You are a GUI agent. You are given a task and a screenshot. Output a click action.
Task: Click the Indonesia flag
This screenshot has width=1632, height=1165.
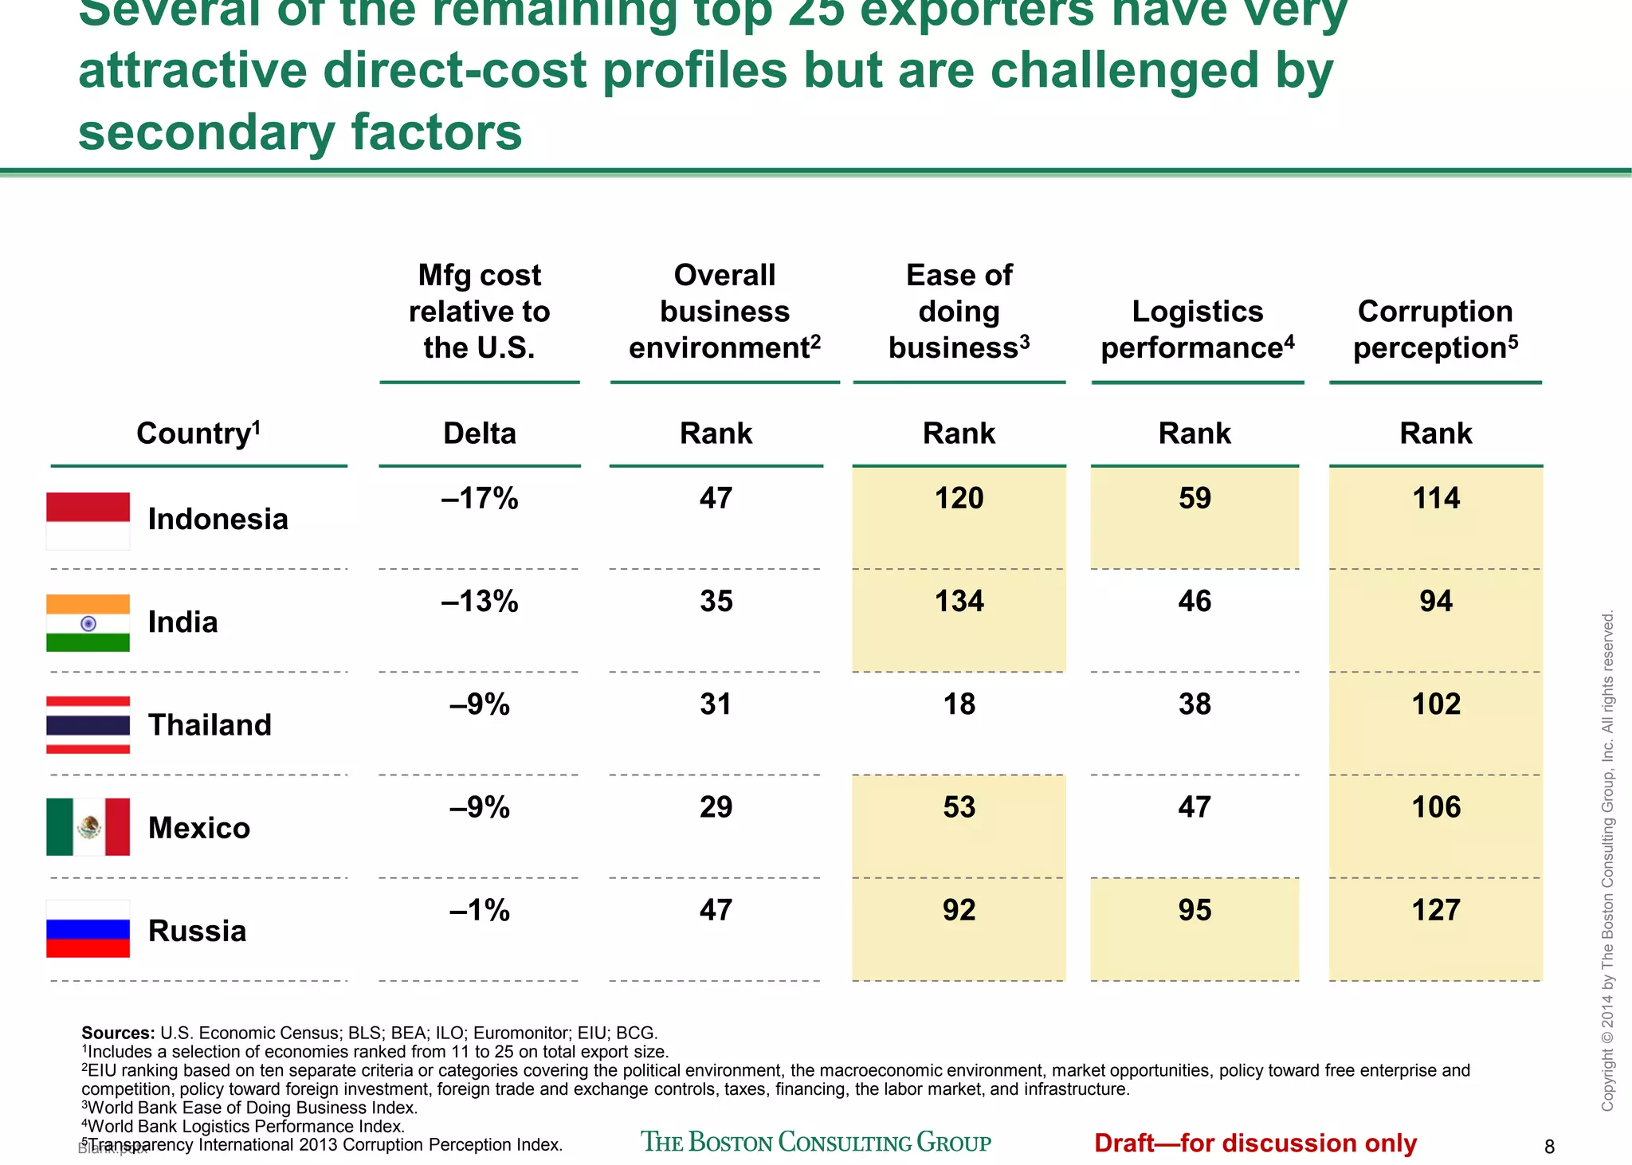pyautogui.click(x=88, y=521)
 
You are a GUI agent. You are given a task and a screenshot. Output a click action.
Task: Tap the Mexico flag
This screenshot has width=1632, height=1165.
pyautogui.click(x=88, y=827)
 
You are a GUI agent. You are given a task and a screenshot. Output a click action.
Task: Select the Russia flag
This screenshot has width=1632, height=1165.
pyautogui.click(x=88, y=929)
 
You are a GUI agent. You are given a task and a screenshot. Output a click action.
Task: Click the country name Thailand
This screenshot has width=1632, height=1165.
pyautogui.click(x=210, y=724)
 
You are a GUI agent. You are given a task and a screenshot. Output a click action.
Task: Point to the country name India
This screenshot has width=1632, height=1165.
pyautogui.click(x=182, y=622)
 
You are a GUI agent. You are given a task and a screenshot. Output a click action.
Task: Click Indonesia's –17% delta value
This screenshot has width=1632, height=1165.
pyautogui.click(x=480, y=498)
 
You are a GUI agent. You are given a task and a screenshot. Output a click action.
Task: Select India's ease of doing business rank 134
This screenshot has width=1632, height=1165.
pyautogui.click(x=959, y=601)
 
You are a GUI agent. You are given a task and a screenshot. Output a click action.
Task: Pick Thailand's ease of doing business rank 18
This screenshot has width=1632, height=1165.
pyautogui.click(x=959, y=704)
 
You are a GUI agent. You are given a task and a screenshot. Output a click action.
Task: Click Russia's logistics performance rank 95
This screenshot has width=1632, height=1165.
pyautogui.click(x=1195, y=910)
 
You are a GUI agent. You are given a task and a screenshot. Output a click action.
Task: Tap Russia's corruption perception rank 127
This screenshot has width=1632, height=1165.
pyautogui.click(x=1436, y=910)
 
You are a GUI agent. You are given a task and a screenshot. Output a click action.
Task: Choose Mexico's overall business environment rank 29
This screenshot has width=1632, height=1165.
pyautogui.click(x=716, y=807)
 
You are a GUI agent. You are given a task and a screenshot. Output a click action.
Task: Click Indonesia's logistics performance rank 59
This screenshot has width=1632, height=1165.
pyautogui.click(x=1195, y=498)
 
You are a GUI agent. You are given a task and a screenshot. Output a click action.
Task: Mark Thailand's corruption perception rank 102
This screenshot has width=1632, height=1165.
pyautogui.click(x=1436, y=704)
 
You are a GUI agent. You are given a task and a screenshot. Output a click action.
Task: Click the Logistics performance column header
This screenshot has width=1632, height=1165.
pyautogui.click(x=1197, y=329)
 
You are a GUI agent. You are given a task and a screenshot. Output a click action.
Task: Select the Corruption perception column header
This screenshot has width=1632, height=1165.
pyautogui.click(x=1435, y=329)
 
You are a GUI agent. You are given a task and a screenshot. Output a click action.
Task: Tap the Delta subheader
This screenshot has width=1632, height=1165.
pyautogui.click(x=480, y=433)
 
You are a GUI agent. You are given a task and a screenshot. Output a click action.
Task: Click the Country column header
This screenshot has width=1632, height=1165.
pyautogui.click(x=198, y=433)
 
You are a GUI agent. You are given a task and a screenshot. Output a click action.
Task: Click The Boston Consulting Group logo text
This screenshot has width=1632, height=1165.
pyautogui.click(x=816, y=1142)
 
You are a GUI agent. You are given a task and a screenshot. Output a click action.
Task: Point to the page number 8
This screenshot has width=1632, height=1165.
pyautogui.click(x=1549, y=1147)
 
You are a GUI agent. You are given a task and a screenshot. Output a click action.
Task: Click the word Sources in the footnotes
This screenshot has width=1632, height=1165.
pyautogui.click(x=117, y=1033)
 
